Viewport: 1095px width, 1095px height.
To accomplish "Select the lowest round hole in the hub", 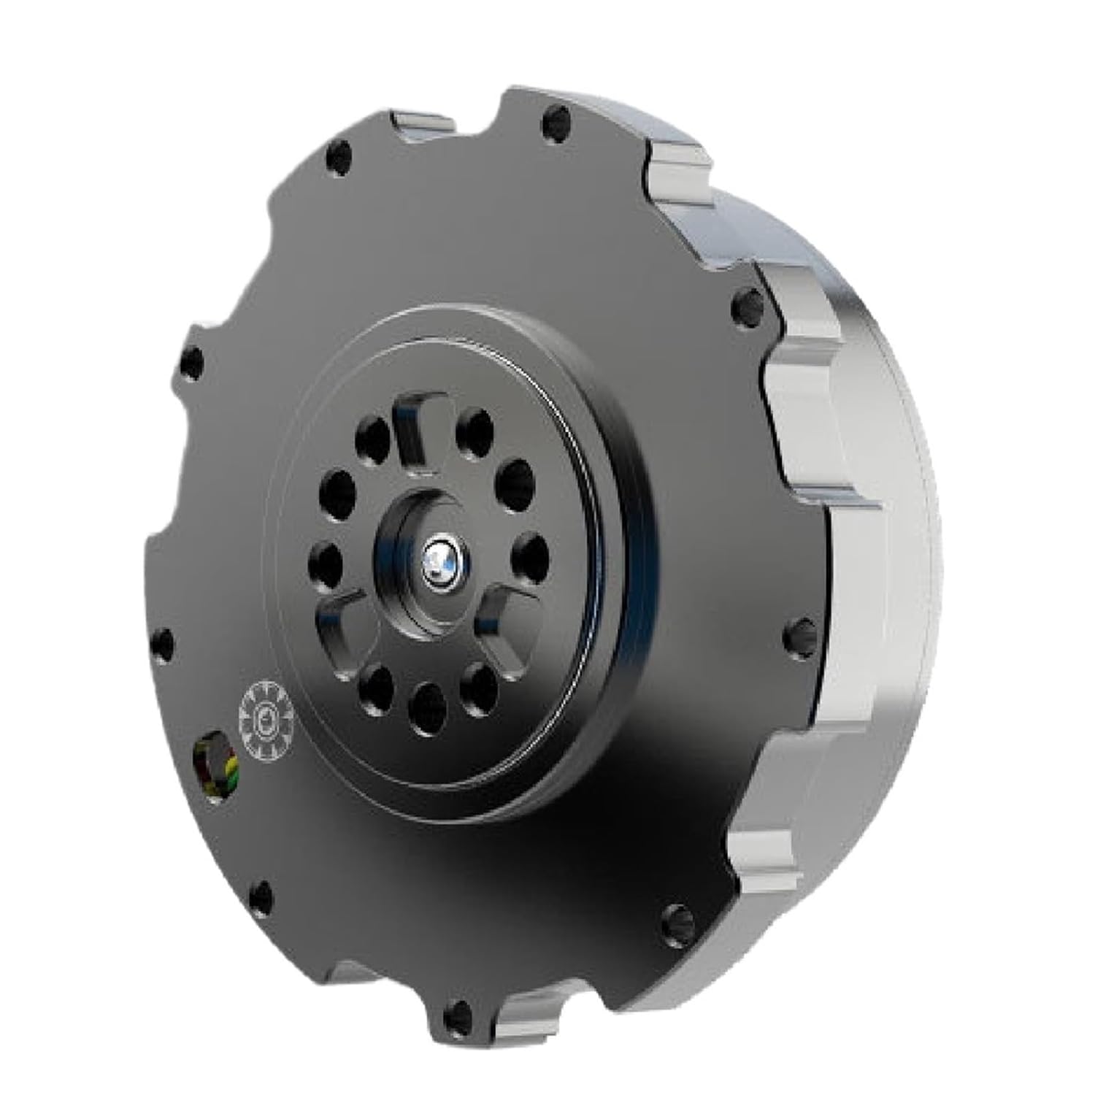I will pyautogui.click(x=428, y=707).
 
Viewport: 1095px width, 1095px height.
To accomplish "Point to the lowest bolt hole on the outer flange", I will pyautogui.click(x=456, y=1011).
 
